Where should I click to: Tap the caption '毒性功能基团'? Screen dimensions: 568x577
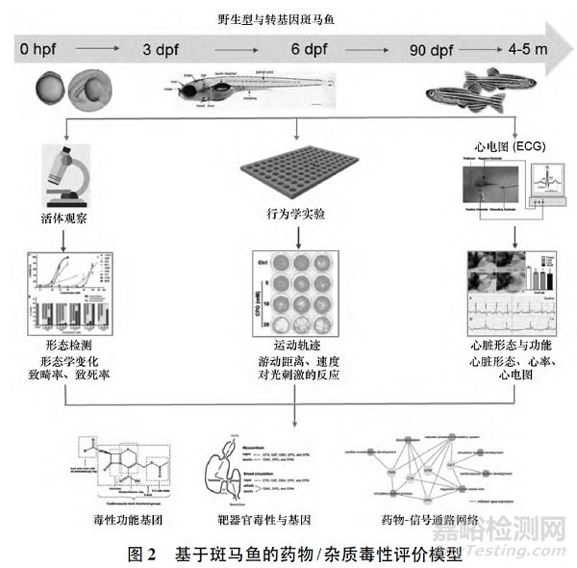point(131,519)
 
